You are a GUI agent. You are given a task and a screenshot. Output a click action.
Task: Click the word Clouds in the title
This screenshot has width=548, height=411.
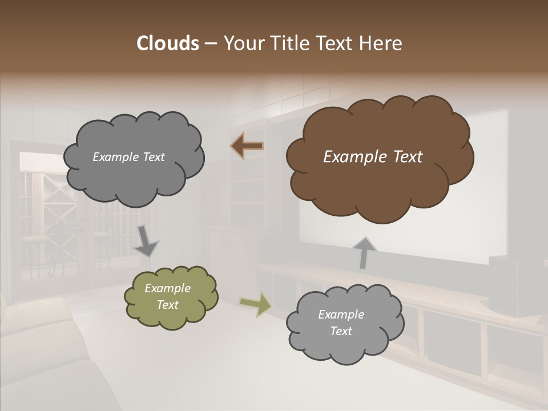pyautogui.click(x=167, y=43)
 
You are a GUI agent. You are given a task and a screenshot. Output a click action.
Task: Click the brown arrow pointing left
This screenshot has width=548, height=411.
pyautogui.click(x=247, y=146)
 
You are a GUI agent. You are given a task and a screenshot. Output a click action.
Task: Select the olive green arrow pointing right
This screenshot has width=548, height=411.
pyautogui.click(x=255, y=304)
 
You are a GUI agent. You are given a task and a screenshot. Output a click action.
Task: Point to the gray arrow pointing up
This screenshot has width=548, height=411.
pyautogui.click(x=364, y=253)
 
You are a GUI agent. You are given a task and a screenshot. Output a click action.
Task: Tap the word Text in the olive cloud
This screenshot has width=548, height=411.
pyautogui.click(x=168, y=305)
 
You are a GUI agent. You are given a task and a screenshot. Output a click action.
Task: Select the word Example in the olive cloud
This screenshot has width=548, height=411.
pyautogui.click(x=168, y=288)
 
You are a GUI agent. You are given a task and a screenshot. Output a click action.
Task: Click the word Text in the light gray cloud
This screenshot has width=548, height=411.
pyautogui.click(x=341, y=331)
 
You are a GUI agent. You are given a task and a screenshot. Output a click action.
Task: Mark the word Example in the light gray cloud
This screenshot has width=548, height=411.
pyautogui.click(x=341, y=315)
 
